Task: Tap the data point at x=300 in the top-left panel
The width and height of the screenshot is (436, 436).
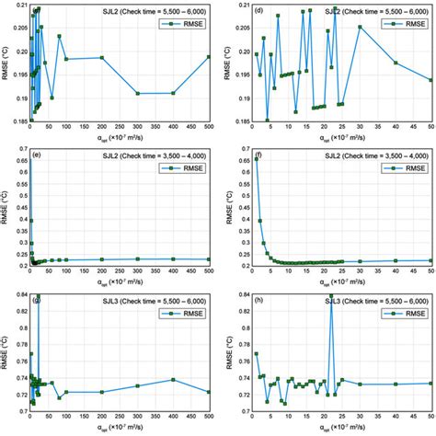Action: coord(138,93)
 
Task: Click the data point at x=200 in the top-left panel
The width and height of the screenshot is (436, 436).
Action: coord(102,58)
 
